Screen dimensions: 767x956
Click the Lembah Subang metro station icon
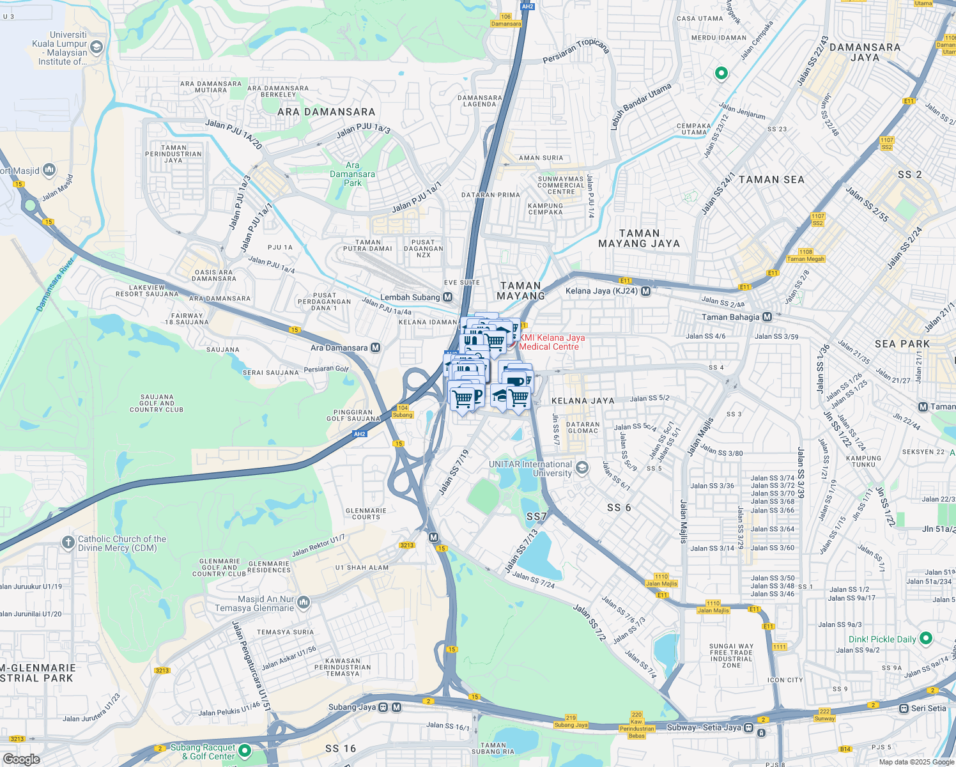pyautogui.click(x=447, y=297)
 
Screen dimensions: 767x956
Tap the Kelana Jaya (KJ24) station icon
pyautogui.click(x=645, y=291)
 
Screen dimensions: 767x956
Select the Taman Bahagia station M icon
pyautogui.click(x=767, y=317)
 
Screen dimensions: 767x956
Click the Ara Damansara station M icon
pyautogui.click(x=376, y=348)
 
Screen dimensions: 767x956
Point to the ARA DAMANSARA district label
pyautogui.click(x=326, y=112)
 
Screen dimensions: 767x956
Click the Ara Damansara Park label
pyautogui.click(x=352, y=174)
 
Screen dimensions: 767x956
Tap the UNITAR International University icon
pyautogui.click(x=582, y=468)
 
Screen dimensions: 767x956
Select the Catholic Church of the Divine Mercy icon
pyautogui.click(x=68, y=543)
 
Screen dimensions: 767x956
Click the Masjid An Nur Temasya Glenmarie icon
pyautogui.click(x=304, y=602)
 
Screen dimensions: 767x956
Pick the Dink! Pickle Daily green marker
pyautogui.click(x=926, y=639)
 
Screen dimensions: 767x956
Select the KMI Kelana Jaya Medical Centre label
pyautogui.click(x=551, y=343)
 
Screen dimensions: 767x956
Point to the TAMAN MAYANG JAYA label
pyautogui.click(x=639, y=238)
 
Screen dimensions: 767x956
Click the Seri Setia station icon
pyautogui.click(x=904, y=708)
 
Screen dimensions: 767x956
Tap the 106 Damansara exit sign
pyautogui.click(x=506, y=20)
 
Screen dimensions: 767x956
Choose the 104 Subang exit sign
pyautogui.click(x=403, y=411)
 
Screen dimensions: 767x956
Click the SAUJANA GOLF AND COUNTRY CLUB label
pyautogui.click(x=157, y=403)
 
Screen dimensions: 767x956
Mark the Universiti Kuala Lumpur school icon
pyautogui.click(x=96, y=47)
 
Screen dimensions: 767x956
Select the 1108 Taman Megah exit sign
pyautogui.click(x=806, y=255)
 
